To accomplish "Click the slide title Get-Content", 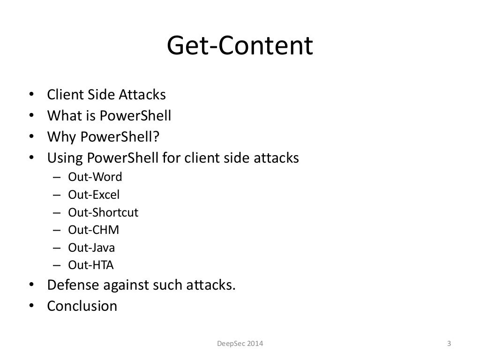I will click(x=240, y=47).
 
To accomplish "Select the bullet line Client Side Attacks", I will click(x=106, y=95).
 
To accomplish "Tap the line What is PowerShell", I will click(x=109, y=116).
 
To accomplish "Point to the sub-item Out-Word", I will click(x=95, y=177).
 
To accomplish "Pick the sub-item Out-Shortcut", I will click(x=103, y=212).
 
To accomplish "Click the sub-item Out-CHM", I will click(x=94, y=230).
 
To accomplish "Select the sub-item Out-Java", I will click(x=91, y=247).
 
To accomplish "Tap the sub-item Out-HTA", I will click(x=91, y=265).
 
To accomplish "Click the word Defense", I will click(x=73, y=285).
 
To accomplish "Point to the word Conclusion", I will click(x=82, y=306).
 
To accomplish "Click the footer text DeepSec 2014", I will click(x=240, y=344).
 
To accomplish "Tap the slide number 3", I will click(x=449, y=344).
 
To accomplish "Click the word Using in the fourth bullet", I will click(x=64, y=158).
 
